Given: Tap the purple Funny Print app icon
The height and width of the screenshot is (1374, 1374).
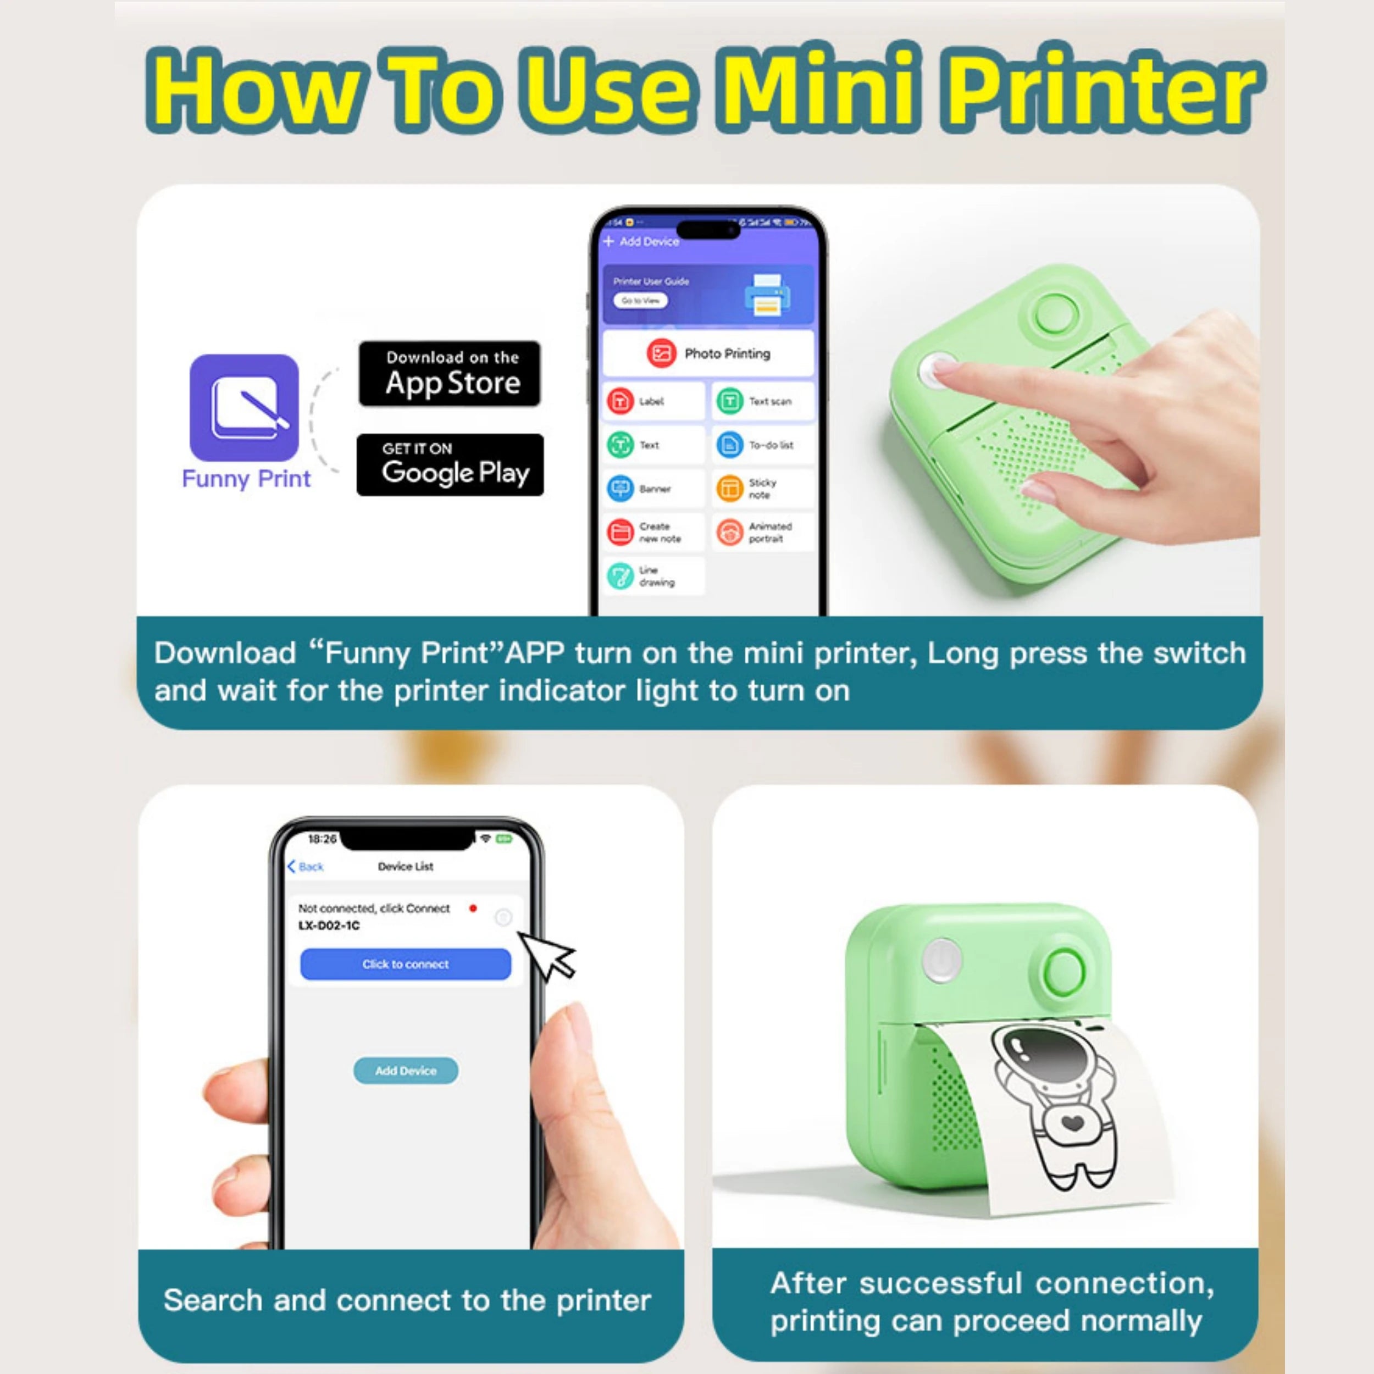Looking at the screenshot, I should (244, 407).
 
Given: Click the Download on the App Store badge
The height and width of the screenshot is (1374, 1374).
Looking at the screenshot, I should (450, 373).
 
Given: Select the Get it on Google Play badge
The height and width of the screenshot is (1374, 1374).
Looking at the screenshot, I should (450, 464).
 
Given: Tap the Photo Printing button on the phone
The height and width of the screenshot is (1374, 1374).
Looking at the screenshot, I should (708, 353).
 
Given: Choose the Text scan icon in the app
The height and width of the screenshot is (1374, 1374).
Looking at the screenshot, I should (729, 401).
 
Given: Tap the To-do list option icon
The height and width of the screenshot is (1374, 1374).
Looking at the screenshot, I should (729, 445).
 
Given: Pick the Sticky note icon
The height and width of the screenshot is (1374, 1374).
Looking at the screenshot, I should (729, 489).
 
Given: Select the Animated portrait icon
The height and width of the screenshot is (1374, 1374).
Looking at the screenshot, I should (729, 532).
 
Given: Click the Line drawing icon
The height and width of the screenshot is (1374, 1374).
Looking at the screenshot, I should (620, 576).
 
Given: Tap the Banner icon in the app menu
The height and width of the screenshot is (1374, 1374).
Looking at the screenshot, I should (620, 489).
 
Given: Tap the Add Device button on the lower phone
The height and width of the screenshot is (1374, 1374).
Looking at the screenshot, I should (406, 1070).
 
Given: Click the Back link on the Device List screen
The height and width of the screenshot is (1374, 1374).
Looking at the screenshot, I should (306, 866).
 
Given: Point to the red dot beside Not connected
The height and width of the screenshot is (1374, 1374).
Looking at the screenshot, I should (473, 908).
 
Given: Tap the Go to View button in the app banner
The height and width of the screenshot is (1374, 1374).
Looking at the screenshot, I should (640, 301).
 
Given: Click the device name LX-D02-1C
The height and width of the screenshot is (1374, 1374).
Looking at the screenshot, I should (329, 925).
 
